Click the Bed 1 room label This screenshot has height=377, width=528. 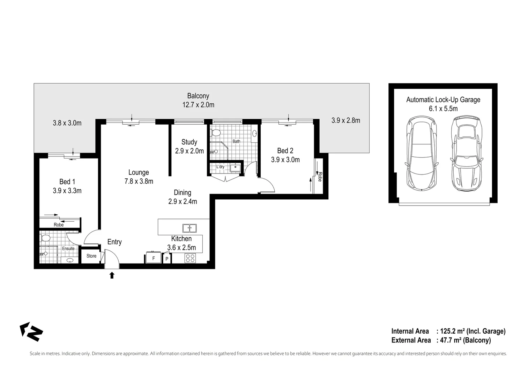pos(67,182)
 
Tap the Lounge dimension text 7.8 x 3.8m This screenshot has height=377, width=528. pos(139,181)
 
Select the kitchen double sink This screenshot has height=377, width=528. pos(189,228)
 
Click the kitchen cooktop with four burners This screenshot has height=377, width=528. pos(190,258)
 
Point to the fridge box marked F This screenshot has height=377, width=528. pos(154,258)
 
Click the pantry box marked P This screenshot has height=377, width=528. pos(167,259)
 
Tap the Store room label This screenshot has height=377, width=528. pos(91,256)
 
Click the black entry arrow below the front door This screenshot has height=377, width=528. pos(112,275)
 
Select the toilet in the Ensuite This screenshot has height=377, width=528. pos(45,238)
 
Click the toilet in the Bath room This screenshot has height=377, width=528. pos(216,133)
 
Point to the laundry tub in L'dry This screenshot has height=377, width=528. pos(235,167)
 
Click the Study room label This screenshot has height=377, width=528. pos(189,142)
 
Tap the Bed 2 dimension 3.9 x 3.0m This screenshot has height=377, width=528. pos(285,160)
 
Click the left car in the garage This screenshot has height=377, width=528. pos(422,154)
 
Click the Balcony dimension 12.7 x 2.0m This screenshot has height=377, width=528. pos(198,105)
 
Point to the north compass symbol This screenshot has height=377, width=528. pos(31,332)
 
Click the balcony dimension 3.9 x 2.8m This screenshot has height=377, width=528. pos(345,120)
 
